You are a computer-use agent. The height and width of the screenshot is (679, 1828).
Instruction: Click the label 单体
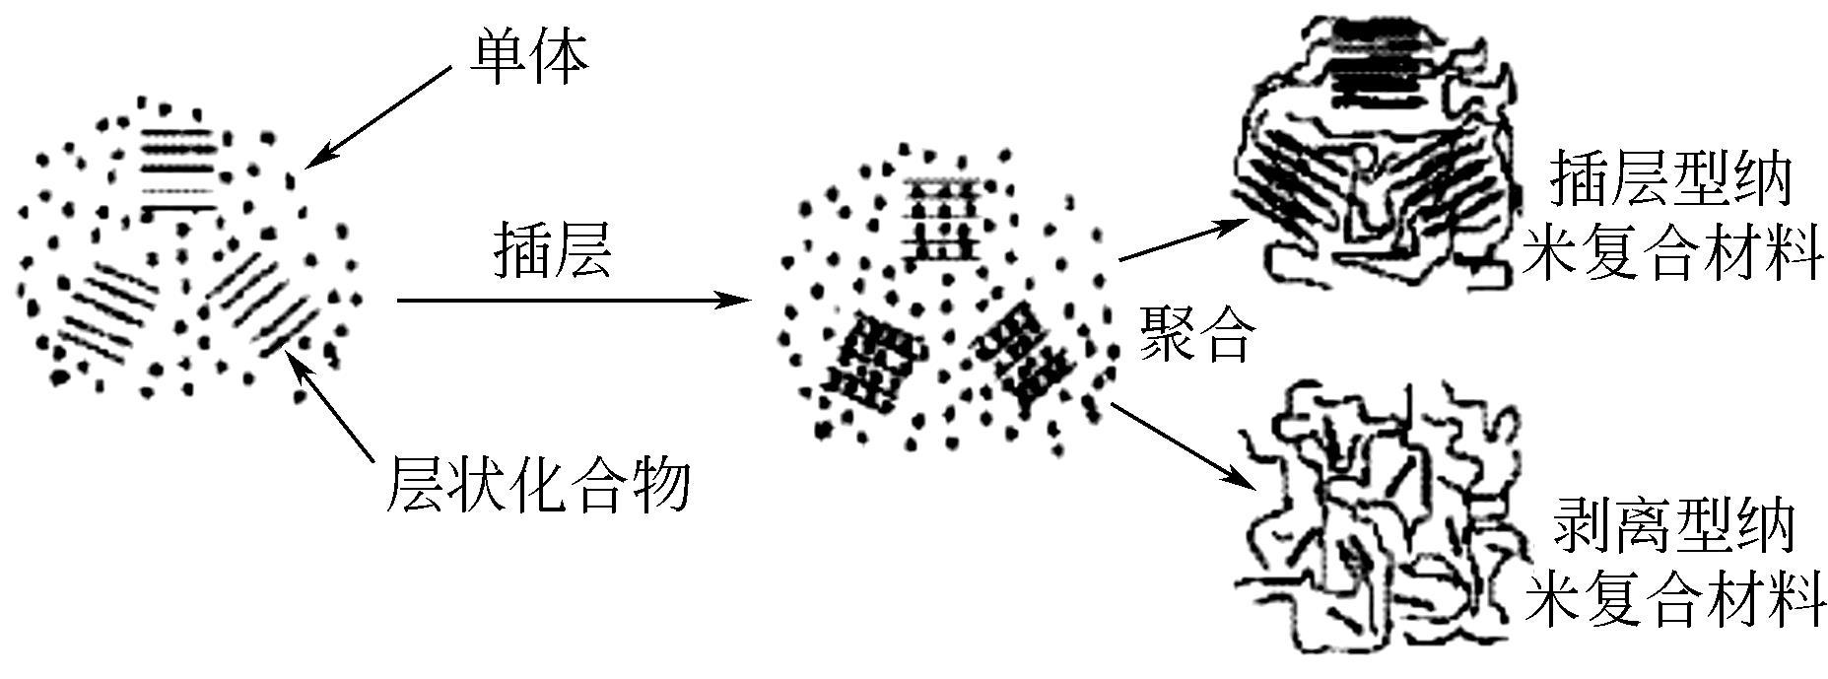click(529, 58)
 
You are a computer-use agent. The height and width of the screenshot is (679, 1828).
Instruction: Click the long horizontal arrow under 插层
click(572, 300)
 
